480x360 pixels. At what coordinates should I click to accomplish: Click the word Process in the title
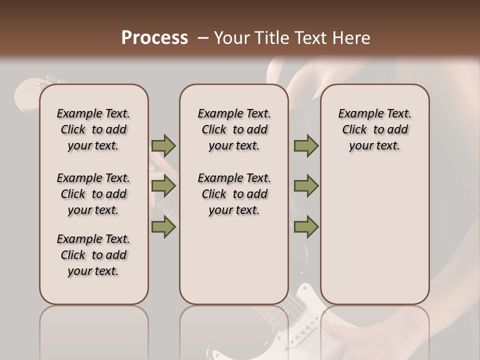point(154,38)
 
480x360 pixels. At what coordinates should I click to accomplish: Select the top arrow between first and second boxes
point(163,145)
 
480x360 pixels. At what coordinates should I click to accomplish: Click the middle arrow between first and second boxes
point(163,186)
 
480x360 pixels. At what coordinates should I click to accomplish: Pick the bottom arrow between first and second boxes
point(163,227)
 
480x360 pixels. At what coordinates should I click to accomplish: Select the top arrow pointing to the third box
point(306,145)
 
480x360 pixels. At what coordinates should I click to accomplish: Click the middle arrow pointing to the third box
point(306,186)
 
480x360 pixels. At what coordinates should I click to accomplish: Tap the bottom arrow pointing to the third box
point(306,227)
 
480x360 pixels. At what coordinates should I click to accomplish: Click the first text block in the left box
point(93,129)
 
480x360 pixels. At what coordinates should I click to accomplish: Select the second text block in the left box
point(93,194)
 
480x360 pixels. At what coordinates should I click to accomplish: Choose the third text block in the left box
point(93,255)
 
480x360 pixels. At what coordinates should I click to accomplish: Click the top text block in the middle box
point(234,129)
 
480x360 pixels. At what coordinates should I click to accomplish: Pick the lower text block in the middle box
point(234,194)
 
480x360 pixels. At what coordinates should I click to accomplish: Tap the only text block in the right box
point(374,129)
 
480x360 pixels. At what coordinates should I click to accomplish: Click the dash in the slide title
point(203,38)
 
